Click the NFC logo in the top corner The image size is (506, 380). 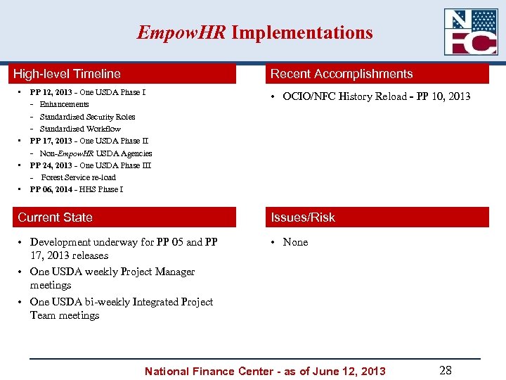[x=471, y=32]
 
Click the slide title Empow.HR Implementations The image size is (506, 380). [x=254, y=32]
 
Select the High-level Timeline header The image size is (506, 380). [x=67, y=74]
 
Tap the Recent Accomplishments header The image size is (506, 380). [x=342, y=74]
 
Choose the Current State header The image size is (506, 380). [x=55, y=217]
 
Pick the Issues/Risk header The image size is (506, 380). [x=303, y=217]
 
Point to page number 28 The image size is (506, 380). [x=445, y=370]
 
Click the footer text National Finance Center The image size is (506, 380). [x=265, y=371]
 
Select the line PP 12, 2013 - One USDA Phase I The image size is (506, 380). [x=88, y=92]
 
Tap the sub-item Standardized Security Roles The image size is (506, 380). [x=87, y=117]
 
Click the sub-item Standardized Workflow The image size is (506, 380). [x=80, y=129]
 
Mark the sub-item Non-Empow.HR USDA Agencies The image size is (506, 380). [x=96, y=153]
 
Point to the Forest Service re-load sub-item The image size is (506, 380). [x=78, y=177]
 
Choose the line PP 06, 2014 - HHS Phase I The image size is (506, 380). [x=77, y=189]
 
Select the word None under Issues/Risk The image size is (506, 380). [x=295, y=242]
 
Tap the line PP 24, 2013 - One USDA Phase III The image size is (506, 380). [x=90, y=165]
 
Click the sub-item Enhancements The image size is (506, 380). [x=65, y=104]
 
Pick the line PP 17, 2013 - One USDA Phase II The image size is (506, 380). [x=89, y=141]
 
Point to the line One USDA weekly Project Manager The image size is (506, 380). [x=112, y=272]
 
